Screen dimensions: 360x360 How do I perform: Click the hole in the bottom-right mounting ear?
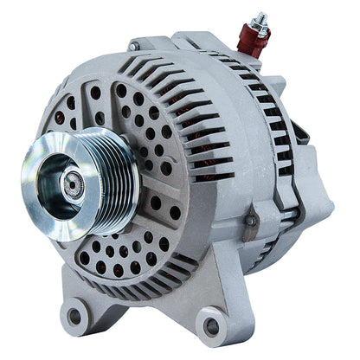(210, 326)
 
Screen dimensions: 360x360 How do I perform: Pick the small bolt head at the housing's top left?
(133, 45)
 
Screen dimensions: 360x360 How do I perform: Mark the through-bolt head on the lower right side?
(251, 222)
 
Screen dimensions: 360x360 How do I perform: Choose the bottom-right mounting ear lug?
(212, 323)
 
